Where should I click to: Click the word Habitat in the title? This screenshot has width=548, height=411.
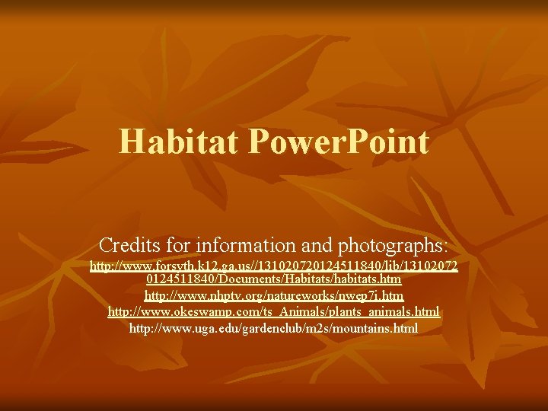coord(180,142)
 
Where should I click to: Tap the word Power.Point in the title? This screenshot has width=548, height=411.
coord(339,142)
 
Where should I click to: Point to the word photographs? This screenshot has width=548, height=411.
coord(396,246)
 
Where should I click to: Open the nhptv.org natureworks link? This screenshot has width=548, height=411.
coord(274,295)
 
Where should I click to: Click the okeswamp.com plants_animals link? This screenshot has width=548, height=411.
coord(274,312)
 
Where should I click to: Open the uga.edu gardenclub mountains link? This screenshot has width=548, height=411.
coord(274,329)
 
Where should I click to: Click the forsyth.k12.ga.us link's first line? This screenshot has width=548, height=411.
coord(274,267)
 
